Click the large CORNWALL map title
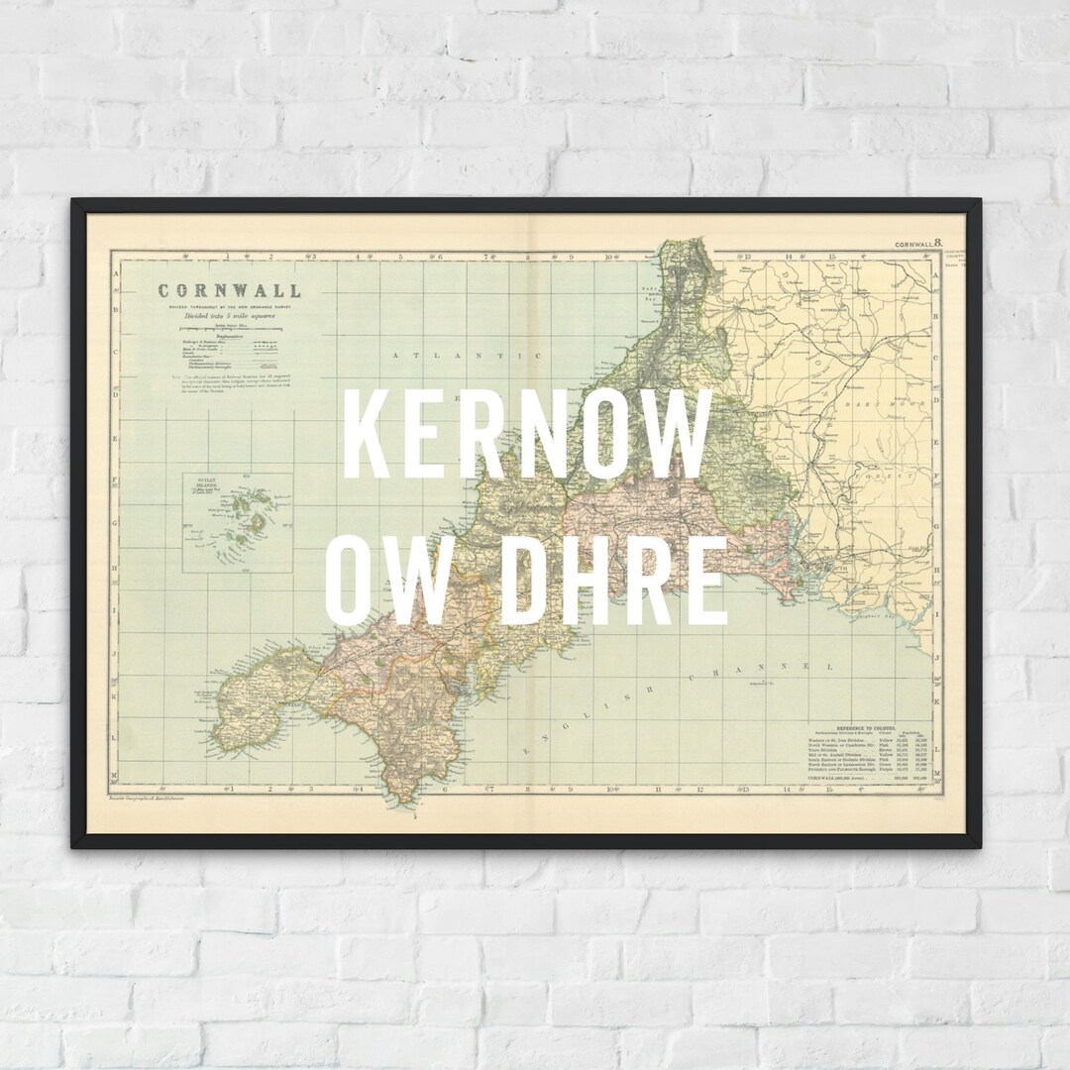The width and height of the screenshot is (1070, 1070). pos(228,291)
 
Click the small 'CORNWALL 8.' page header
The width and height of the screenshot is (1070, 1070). pos(920,243)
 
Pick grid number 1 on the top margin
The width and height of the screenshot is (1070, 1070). pos(228,257)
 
